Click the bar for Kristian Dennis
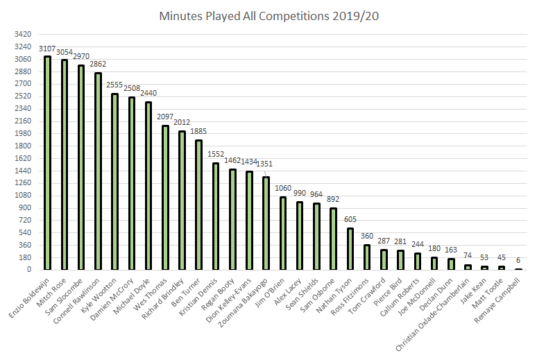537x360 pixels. [215, 216]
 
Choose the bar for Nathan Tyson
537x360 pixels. [350, 249]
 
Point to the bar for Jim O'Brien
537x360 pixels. [282, 233]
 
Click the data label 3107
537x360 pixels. [47, 49]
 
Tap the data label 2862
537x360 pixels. [98, 65]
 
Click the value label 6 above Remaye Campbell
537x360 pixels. [518, 261]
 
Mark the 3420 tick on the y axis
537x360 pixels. [22, 34]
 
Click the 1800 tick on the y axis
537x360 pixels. [22, 146]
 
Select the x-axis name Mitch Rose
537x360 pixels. [56, 289]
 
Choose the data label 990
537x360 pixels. [300, 194]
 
